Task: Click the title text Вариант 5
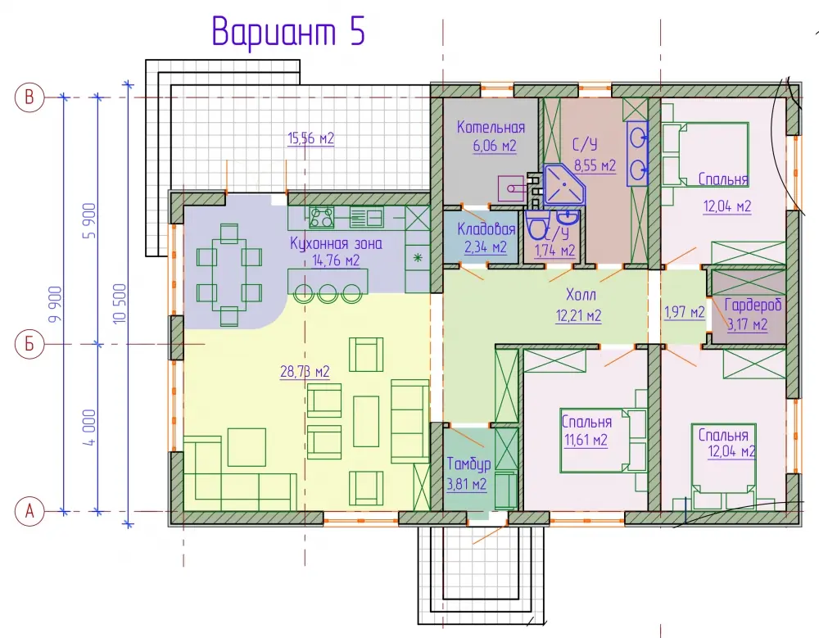tap(288, 31)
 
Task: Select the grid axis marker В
tap(29, 97)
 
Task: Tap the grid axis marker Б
tap(29, 344)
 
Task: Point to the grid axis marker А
tap(29, 510)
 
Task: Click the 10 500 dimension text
tap(120, 304)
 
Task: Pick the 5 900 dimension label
tap(89, 221)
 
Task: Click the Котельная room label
tap(491, 127)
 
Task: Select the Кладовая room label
tap(486, 229)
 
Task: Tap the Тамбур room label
tap(468, 464)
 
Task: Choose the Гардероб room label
tap(753, 305)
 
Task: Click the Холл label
tap(581, 295)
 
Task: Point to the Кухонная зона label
tap(336, 243)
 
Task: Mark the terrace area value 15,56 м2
tap(310, 138)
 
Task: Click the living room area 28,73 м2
tap(305, 372)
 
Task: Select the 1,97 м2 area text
tap(684, 313)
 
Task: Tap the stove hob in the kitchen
tap(322, 217)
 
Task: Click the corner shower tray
tap(563, 184)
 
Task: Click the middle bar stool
tap(327, 293)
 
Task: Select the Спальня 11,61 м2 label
tap(586, 431)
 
